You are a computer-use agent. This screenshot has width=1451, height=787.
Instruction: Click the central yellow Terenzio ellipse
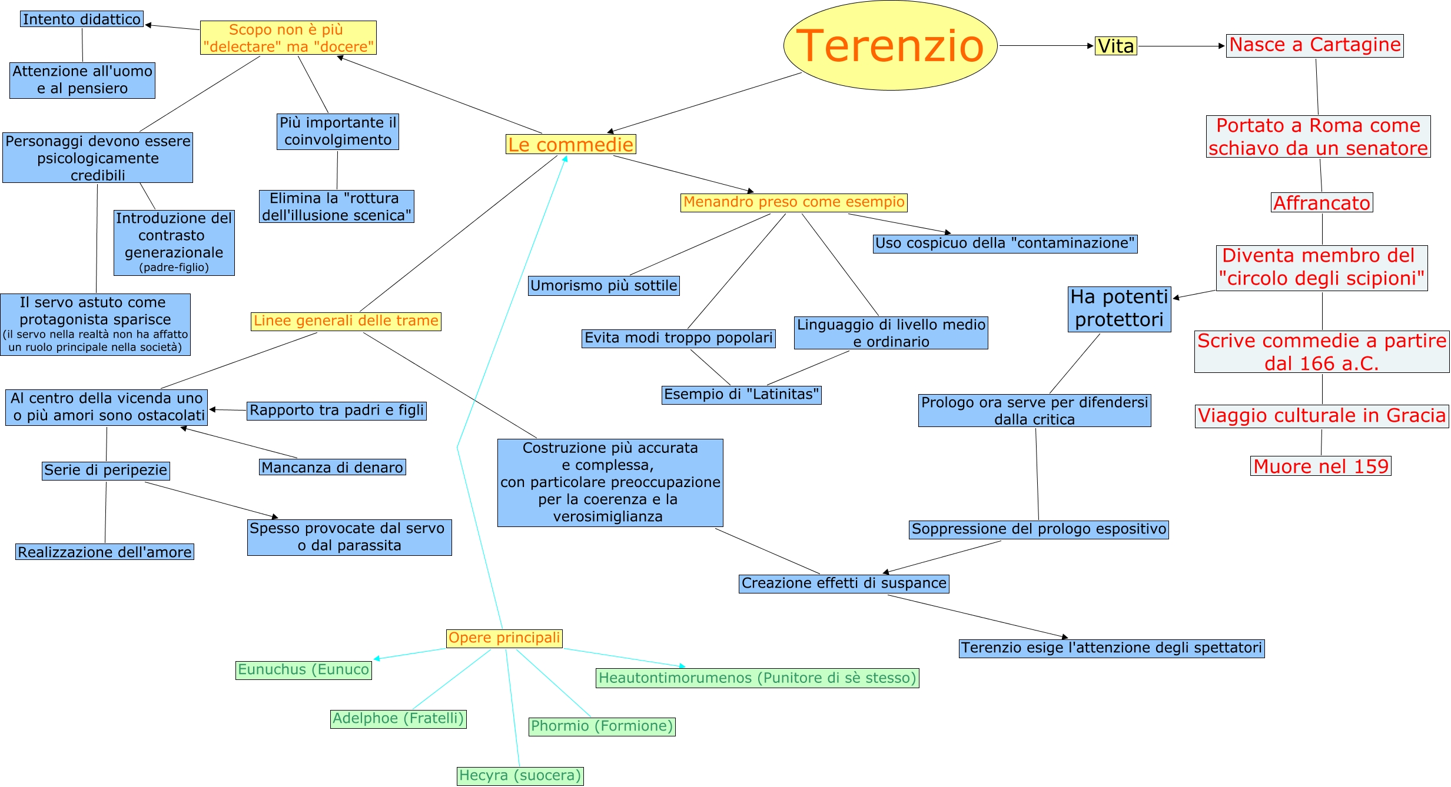pyautogui.click(x=890, y=45)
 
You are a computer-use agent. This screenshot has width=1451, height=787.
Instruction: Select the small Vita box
pyautogui.click(x=1115, y=46)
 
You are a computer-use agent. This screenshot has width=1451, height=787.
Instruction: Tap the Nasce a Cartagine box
pyautogui.click(x=1314, y=45)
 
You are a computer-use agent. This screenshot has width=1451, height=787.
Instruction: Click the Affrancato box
pyautogui.click(x=1321, y=202)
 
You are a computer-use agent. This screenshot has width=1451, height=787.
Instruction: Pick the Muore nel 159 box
pyautogui.click(x=1320, y=466)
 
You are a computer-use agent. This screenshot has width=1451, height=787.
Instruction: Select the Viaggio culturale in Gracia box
pyautogui.click(x=1321, y=416)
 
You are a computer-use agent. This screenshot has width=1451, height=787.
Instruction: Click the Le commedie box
pyautogui.click(x=570, y=144)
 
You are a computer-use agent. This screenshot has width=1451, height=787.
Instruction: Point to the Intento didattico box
pyautogui.click(x=82, y=19)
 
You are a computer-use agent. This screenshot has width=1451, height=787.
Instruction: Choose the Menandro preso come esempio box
pyautogui.click(x=793, y=202)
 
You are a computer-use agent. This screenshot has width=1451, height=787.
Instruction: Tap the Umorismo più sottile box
pyautogui.click(x=603, y=286)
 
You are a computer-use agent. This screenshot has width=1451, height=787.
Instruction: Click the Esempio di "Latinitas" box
pyautogui.click(x=741, y=395)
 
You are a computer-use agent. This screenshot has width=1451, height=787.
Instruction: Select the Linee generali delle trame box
pyautogui.click(x=346, y=321)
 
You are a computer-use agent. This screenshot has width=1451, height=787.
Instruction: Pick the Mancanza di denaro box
pyautogui.click(x=332, y=467)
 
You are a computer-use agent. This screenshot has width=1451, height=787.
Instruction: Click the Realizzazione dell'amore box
pyautogui.click(x=104, y=552)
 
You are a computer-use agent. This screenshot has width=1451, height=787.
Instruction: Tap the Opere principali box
pyautogui.click(x=504, y=638)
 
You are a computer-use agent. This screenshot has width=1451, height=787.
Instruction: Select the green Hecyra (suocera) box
pyautogui.click(x=520, y=776)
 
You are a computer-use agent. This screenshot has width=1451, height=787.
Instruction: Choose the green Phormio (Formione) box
pyautogui.click(x=602, y=726)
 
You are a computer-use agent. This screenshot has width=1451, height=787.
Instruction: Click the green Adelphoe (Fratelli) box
pyautogui.click(x=398, y=719)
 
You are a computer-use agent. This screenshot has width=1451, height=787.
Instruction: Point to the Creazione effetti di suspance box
pyautogui.click(x=844, y=583)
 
